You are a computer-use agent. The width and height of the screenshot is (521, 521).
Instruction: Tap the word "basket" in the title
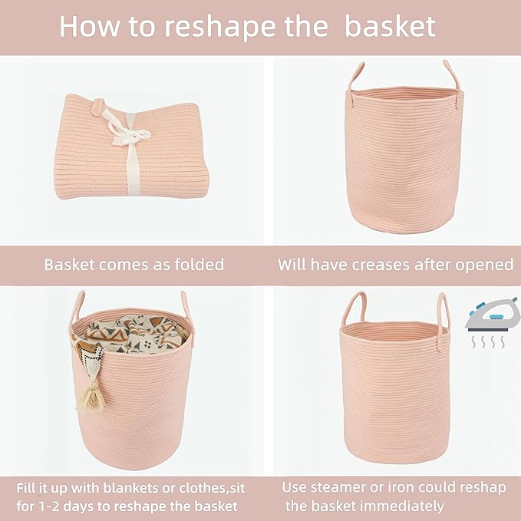tap(390, 27)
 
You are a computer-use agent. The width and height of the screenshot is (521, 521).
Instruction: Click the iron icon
tap(486, 316)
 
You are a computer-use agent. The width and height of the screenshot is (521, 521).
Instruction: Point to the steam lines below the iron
tap(484, 340)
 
